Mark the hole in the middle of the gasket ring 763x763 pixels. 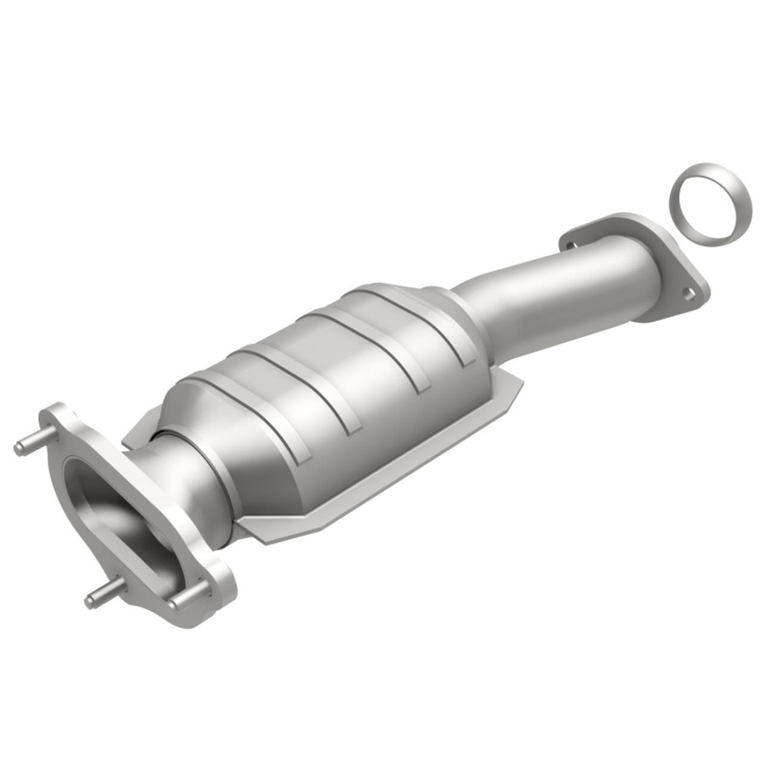(x=709, y=203)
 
